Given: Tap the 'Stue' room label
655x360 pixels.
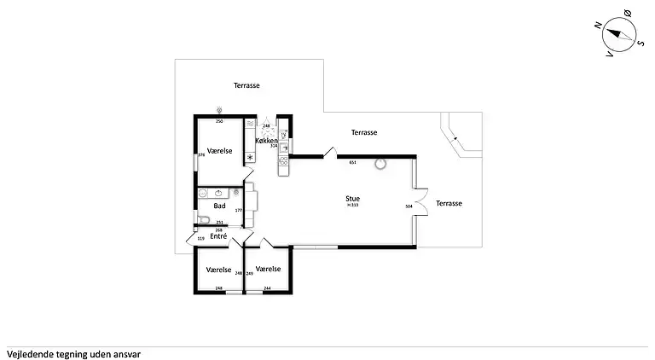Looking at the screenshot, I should point(352,198).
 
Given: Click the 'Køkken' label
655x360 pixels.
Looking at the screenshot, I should point(267,140).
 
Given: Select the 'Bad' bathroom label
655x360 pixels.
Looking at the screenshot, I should point(219,206).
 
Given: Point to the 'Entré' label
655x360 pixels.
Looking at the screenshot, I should point(218,235).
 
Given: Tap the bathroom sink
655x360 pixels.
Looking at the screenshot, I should point(219,193).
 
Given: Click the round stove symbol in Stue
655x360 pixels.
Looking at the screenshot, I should point(379,164).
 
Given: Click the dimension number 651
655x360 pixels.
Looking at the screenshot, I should point(352,162).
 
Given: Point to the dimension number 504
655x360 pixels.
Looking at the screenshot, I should point(409,206).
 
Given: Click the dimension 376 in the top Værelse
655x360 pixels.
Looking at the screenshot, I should point(201,155).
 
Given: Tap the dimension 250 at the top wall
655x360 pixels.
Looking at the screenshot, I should point(218,122).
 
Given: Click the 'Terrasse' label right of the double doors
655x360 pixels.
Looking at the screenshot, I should point(449,204).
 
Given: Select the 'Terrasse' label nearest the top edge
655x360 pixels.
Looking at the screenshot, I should point(246,85).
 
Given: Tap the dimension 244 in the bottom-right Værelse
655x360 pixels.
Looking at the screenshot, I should point(267,288).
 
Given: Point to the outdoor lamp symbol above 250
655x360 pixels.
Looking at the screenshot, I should point(219,110).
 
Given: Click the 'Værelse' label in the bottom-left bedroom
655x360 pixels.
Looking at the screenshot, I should point(219,269).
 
